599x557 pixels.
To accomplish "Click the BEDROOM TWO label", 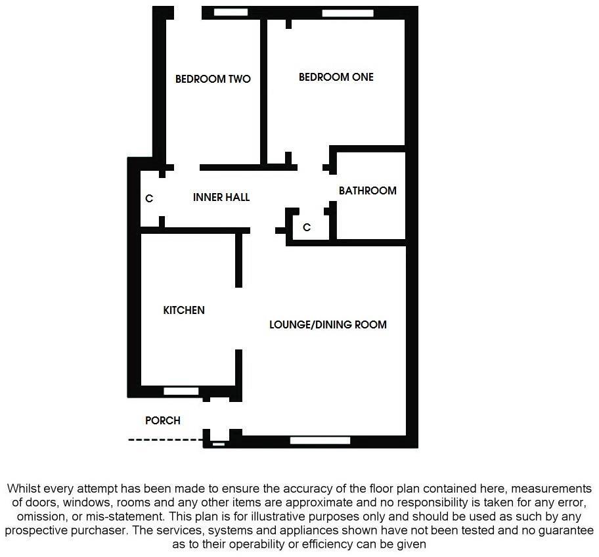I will coord(213,79).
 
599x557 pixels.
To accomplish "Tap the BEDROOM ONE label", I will coord(336,78).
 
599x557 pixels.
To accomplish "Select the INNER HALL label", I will coord(221,197).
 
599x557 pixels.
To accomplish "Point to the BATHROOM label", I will coord(367,190).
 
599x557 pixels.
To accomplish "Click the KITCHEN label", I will coord(184,310).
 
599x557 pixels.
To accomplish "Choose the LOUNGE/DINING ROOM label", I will coord(328,324).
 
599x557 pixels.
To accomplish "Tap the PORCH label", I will coord(162,420).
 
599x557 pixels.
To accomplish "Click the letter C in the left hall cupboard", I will coord(149,198).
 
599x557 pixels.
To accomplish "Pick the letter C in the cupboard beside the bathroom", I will coord(306,227).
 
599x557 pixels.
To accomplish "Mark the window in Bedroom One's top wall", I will coord(347,12).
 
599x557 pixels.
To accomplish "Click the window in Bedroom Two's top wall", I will coord(231,12).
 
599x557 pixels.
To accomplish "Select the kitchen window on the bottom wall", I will coord(181,391).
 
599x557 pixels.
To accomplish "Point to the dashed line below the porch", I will coord(165,440).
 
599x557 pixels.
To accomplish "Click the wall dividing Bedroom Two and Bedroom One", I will coord(264,92).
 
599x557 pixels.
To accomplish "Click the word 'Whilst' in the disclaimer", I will coord(24,489).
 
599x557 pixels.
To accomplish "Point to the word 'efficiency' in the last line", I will coord(344,545).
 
